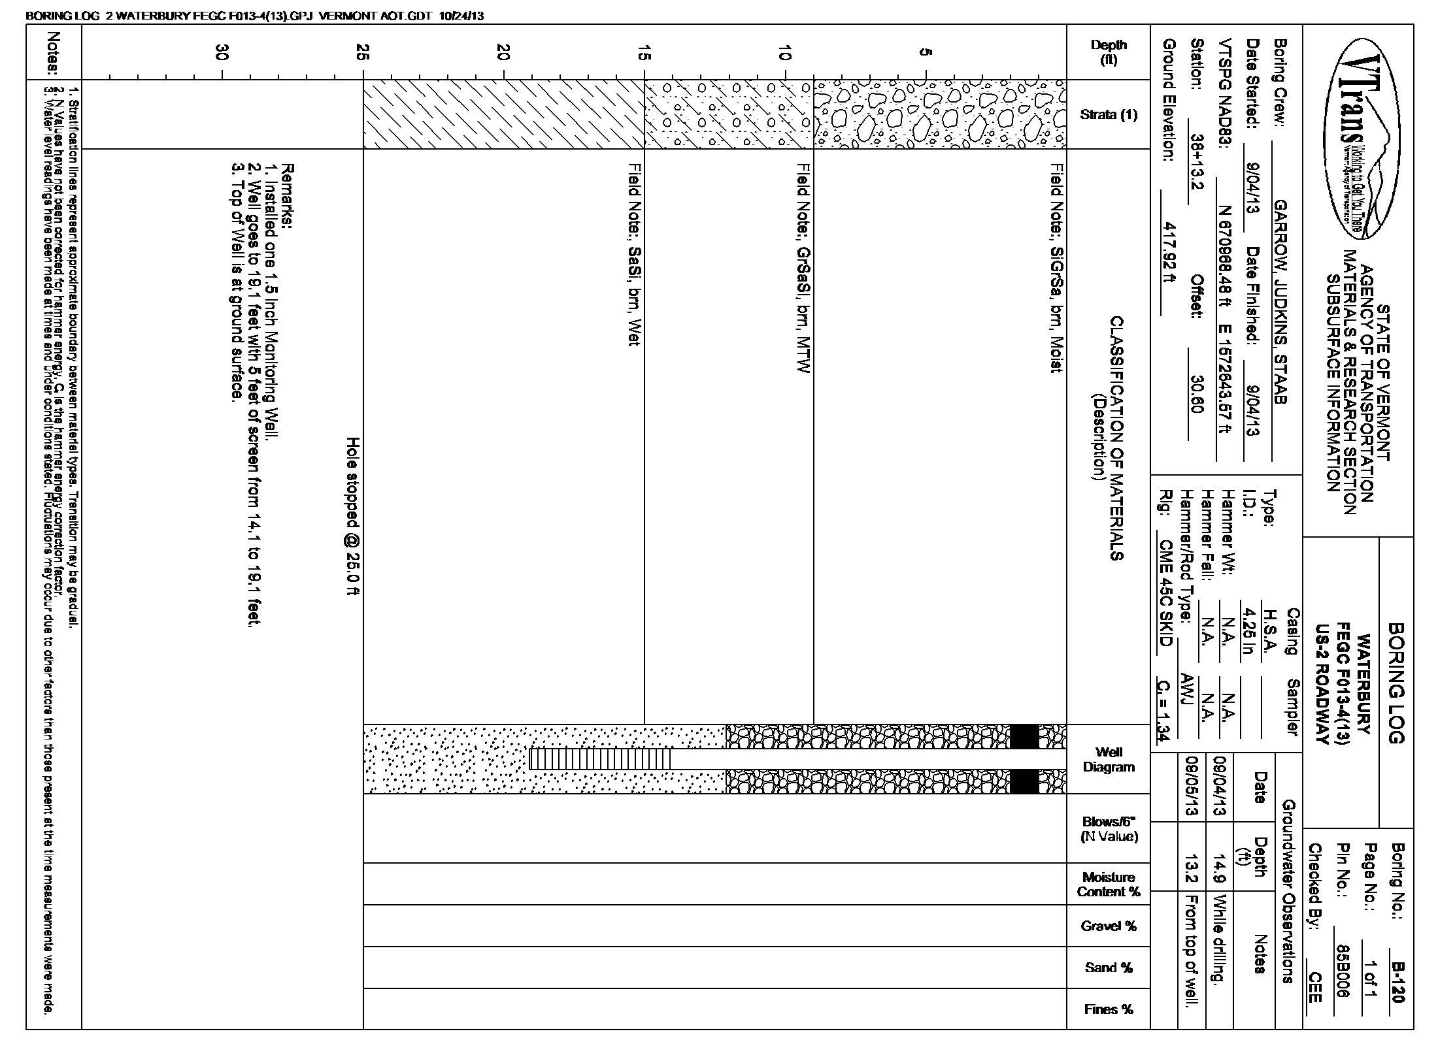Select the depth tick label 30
(224, 53)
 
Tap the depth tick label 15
(645, 53)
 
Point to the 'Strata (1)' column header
(1109, 115)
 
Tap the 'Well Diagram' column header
(1109, 759)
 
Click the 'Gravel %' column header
(1109, 926)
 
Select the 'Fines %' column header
(1109, 1009)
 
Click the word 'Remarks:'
(287, 197)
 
